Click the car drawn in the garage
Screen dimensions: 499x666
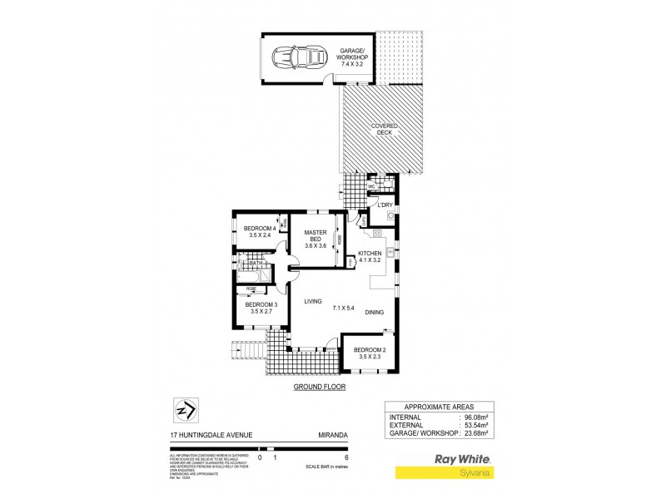click(297, 59)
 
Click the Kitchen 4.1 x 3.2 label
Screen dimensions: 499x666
click(370, 257)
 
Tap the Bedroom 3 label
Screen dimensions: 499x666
click(261, 309)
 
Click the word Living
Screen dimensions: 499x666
click(313, 301)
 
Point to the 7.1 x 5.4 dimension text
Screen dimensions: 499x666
click(344, 308)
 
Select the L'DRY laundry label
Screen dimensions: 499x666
click(385, 205)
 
